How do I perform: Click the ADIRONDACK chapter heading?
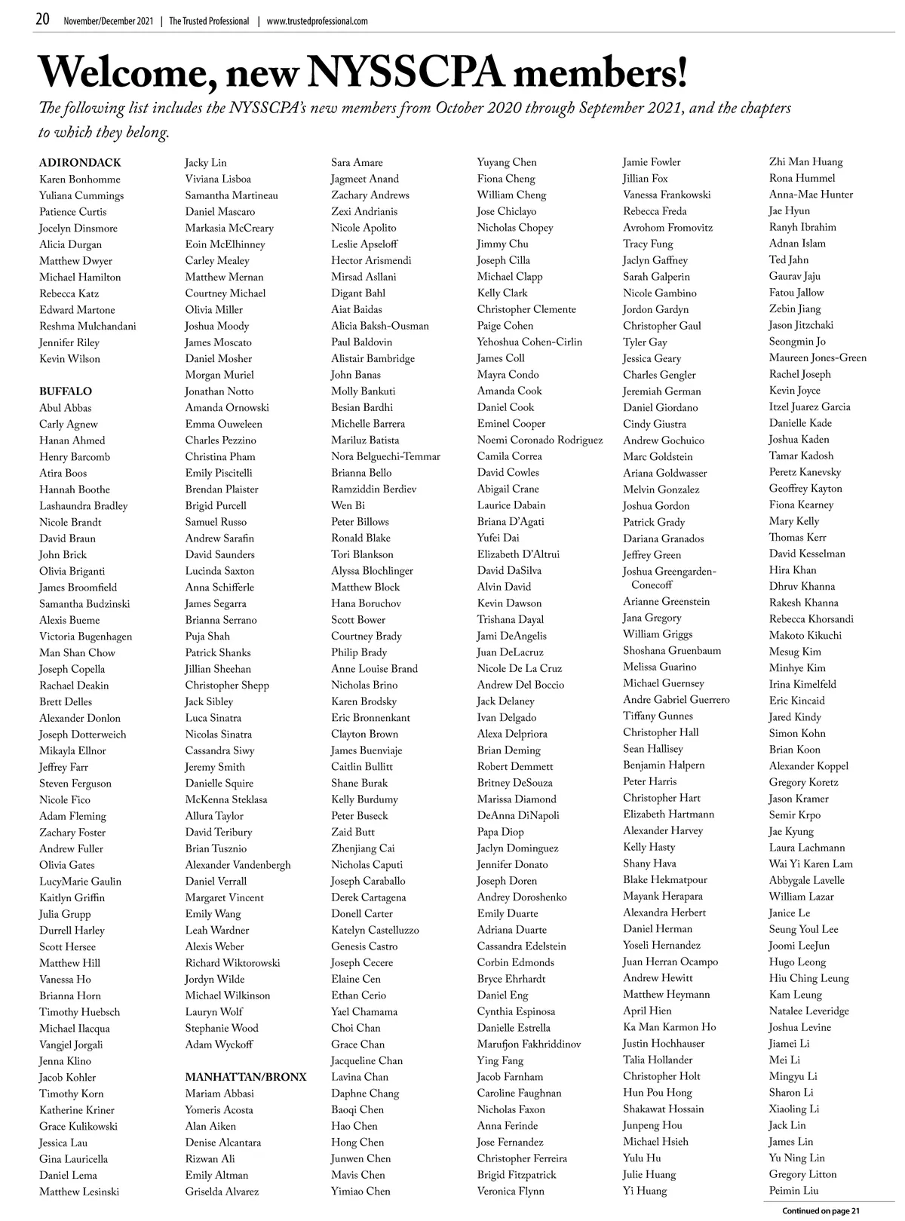[80, 163]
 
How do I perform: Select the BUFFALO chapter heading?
[66, 391]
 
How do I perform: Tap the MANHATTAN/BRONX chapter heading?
[246, 1077]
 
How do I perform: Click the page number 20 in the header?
[43, 20]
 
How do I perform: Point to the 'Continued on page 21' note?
[821, 1211]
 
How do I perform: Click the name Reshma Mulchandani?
[87, 327]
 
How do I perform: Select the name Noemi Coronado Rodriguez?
[540, 440]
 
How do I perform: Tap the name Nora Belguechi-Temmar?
[385, 456]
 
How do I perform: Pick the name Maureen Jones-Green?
[818, 358]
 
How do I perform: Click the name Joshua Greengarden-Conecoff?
[670, 578]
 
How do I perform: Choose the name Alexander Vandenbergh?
[238, 865]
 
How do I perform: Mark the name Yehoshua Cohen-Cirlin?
[529, 342]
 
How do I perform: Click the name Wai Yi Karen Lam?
[811, 864]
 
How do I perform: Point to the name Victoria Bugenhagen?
[85, 637]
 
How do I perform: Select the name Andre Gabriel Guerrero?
[676, 700]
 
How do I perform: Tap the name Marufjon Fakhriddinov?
[529, 1045]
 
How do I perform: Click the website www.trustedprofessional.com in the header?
[317, 21]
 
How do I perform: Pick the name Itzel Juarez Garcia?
[809, 407]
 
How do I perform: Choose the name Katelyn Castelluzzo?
[375, 930]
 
